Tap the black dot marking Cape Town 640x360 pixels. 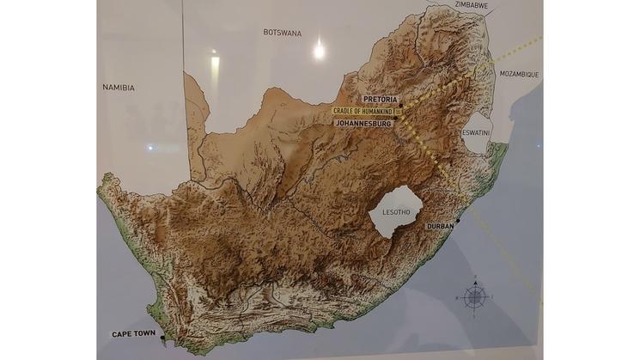pyautogui.click(x=162, y=339)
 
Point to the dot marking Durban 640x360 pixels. pyautogui.click(x=459, y=221)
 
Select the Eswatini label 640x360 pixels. pyautogui.click(x=476, y=133)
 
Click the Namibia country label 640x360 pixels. pyautogui.click(x=118, y=87)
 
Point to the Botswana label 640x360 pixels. pyautogui.click(x=282, y=33)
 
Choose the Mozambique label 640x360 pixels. pyautogui.click(x=519, y=75)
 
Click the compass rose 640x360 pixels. pyautogui.click(x=475, y=297)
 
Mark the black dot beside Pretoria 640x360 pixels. pyautogui.click(x=401, y=106)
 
